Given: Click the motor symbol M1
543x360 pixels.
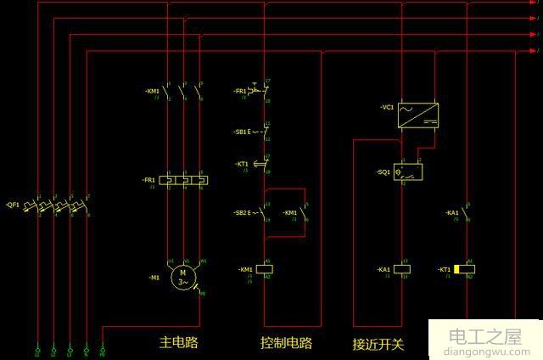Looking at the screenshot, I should coord(182,277).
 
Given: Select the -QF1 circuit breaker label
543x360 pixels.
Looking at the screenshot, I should coord(13,205).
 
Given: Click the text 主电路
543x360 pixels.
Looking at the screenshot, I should coord(178,343).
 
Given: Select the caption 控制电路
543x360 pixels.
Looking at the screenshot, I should coord(286,343).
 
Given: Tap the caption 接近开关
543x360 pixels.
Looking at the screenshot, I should coord(378,344).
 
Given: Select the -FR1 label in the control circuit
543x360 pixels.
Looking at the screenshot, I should coord(240,91).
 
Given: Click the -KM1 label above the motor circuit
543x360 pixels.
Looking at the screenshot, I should coord(152,91).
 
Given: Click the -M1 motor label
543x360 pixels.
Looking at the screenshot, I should coord(154,278).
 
